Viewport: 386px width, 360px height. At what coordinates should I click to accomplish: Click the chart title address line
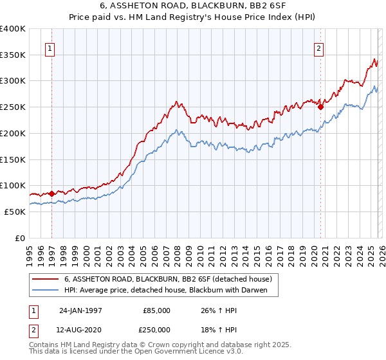[193, 6]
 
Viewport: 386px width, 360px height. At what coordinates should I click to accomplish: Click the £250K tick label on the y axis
[13, 107]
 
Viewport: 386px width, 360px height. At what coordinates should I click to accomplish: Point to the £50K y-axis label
[15, 212]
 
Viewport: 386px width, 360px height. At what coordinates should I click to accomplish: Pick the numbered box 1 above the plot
[50, 47]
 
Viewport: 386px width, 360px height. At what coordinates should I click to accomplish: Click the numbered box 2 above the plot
[319, 47]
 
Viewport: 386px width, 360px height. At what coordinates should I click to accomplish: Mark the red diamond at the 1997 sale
[52, 193]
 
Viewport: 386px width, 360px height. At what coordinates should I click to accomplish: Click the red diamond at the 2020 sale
[320, 107]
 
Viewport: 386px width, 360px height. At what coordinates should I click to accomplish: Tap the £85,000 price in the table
[156, 310]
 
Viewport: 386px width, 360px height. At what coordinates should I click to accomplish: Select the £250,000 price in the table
[156, 329]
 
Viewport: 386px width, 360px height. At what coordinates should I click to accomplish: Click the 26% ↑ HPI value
[219, 310]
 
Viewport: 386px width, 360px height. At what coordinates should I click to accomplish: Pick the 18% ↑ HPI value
[219, 329]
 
